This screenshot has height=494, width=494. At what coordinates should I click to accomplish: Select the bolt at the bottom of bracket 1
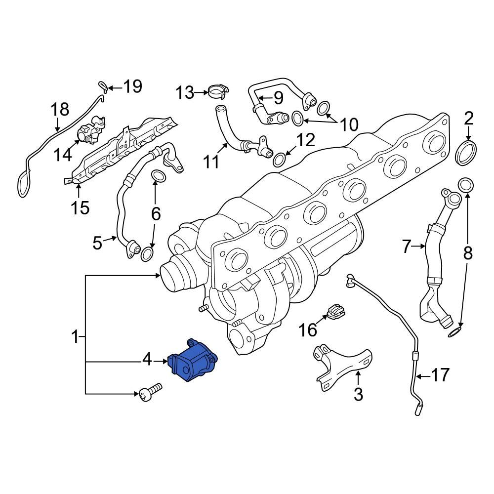pos(150,393)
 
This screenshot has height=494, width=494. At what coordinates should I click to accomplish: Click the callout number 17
pos(441,375)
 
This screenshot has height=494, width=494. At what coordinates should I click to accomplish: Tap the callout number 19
pos(132,86)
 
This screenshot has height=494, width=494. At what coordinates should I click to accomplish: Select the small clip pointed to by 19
pos(103,86)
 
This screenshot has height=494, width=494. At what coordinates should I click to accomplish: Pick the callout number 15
pos(79,207)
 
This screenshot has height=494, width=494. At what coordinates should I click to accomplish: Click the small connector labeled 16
pos(335,311)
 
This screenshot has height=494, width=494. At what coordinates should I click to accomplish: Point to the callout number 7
pos(406,246)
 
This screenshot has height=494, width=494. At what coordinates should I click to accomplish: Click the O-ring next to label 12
pos(279,159)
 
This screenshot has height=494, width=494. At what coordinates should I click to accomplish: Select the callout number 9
pos(278,97)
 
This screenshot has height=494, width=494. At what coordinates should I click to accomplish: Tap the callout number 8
pos(467,253)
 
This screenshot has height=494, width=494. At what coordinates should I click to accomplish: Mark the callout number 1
pos(75,337)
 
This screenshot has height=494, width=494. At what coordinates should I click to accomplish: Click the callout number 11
pos(212,162)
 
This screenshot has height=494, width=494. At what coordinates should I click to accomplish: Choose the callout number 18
pos(61,110)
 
